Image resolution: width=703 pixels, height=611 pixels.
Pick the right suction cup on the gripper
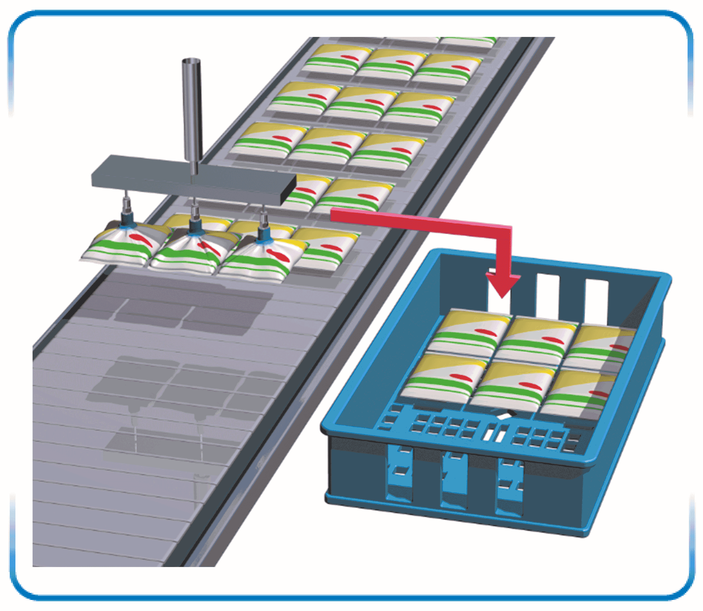263,234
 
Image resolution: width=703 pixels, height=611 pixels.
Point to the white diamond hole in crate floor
504,415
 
